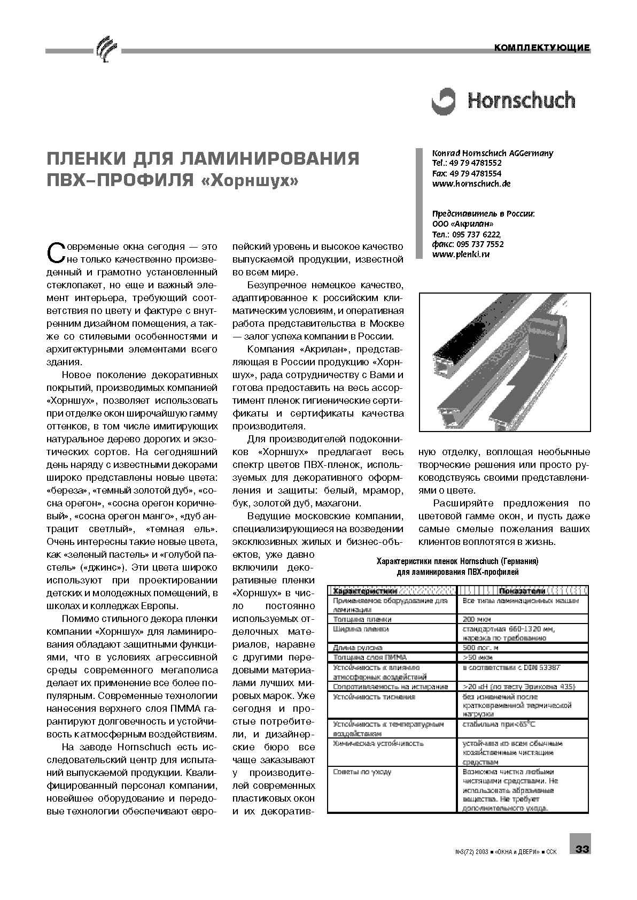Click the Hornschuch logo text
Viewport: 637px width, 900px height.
tap(521, 101)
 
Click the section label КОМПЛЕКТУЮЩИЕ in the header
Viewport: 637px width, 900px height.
tap(542, 48)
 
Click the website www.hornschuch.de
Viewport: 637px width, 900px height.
tap(471, 183)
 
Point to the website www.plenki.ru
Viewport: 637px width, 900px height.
tap(461, 254)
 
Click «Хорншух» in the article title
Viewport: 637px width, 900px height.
tap(250, 181)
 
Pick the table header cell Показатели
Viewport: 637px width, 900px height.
tap(522, 591)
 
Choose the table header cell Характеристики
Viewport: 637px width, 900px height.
tap(365, 591)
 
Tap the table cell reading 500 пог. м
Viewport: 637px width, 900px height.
tap(480, 648)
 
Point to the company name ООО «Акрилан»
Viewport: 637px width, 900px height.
tap(463, 224)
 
